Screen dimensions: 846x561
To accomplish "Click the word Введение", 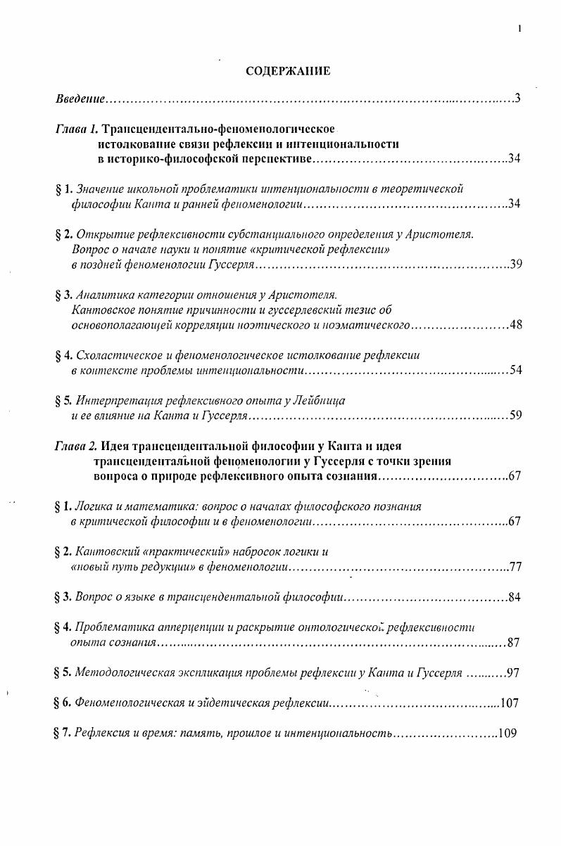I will (80, 98).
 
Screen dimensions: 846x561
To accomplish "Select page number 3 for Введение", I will (517, 98).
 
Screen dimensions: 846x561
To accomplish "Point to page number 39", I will (515, 266).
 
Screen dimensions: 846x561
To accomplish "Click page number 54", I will (515, 371).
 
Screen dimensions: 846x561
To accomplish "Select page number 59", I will (515, 416).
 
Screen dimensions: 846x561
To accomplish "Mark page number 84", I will (514, 598).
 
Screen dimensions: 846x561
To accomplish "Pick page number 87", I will (514, 643).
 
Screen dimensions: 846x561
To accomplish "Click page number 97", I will (512, 673).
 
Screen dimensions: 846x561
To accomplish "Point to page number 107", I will (508, 703).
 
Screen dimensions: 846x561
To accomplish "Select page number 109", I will (507, 733).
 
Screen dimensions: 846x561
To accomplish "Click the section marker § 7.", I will (63, 733).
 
